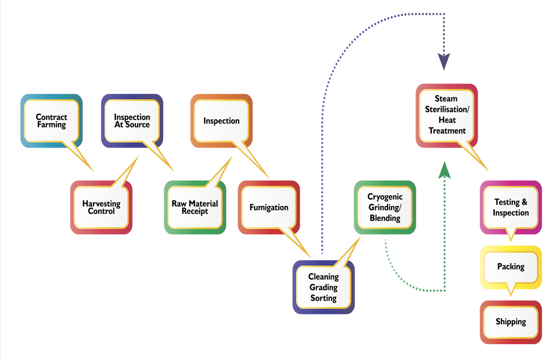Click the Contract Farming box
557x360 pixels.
click(x=51, y=121)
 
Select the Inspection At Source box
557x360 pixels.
click(x=132, y=121)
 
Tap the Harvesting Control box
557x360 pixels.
click(x=101, y=207)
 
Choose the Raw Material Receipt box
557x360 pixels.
click(x=194, y=207)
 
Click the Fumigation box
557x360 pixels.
click(x=269, y=207)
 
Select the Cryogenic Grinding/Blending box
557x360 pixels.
click(x=385, y=207)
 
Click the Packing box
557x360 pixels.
click(x=511, y=266)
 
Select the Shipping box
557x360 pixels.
click(x=511, y=321)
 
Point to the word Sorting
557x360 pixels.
click(x=324, y=298)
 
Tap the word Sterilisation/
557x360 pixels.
click(x=447, y=109)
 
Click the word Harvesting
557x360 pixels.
click(x=101, y=203)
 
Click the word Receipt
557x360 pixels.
click(x=194, y=211)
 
